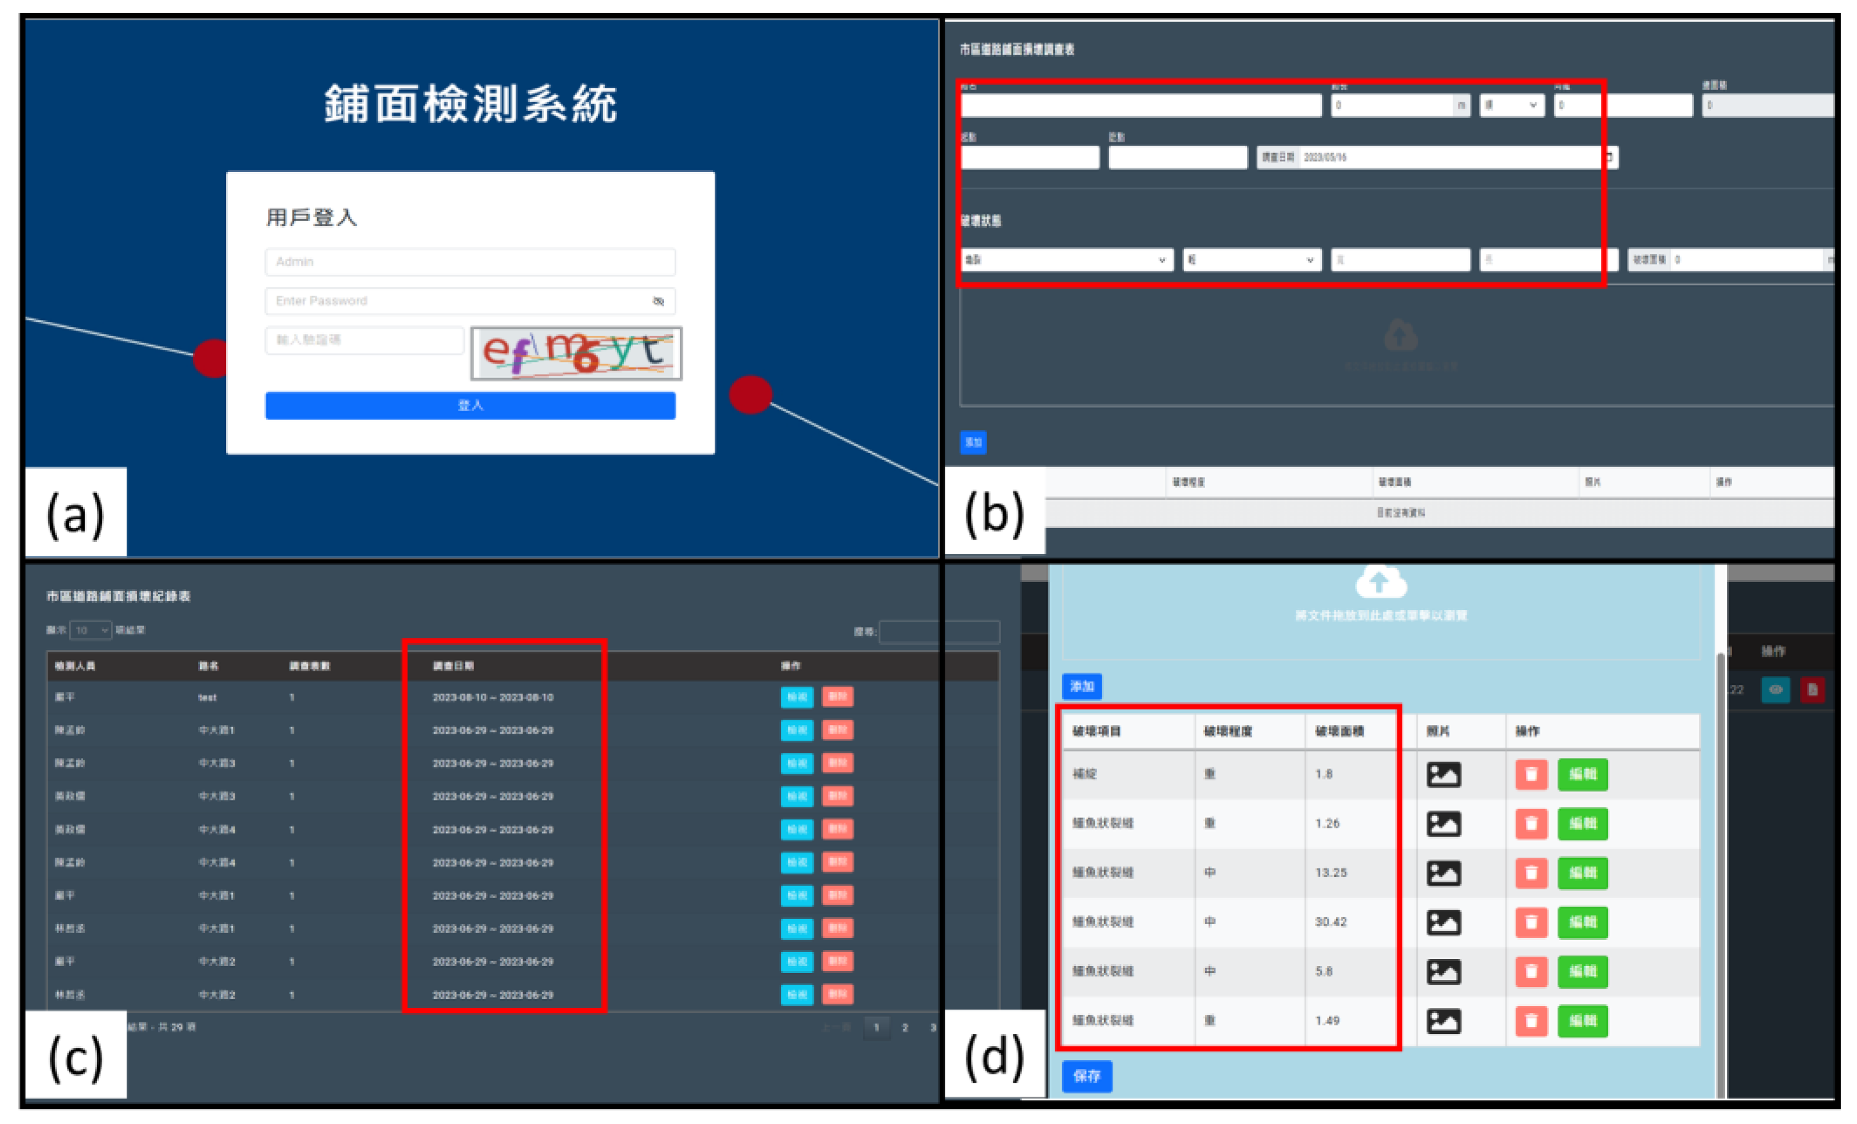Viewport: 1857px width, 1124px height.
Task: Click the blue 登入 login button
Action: [x=470, y=405]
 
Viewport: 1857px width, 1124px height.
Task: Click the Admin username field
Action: [x=470, y=261]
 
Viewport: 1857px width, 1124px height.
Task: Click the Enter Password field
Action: [x=460, y=300]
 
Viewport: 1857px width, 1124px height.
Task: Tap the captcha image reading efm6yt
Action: [x=576, y=353]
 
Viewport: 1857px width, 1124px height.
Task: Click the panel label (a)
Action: [x=76, y=513]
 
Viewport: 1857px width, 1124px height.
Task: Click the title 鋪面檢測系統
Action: [x=470, y=104]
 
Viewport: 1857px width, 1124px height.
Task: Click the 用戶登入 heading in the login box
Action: [x=311, y=218]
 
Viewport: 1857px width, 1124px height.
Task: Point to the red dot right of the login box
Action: [x=751, y=394]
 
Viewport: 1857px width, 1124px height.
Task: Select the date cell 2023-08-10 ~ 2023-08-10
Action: [x=493, y=698]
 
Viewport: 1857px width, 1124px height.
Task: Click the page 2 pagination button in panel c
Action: [x=905, y=1028]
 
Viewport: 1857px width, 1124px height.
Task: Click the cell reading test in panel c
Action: [x=207, y=698]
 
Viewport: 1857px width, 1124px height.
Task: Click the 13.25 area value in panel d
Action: [x=1331, y=872]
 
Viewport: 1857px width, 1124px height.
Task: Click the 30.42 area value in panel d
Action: [x=1331, y=921]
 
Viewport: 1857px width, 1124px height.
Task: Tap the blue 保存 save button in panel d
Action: [x=1087, y=1076]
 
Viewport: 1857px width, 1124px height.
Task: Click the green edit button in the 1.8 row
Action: [x=1583, y=774]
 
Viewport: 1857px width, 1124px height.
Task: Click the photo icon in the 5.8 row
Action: [x=1444, y=971]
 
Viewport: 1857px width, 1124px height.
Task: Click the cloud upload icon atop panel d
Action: [x=1381, y=581]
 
